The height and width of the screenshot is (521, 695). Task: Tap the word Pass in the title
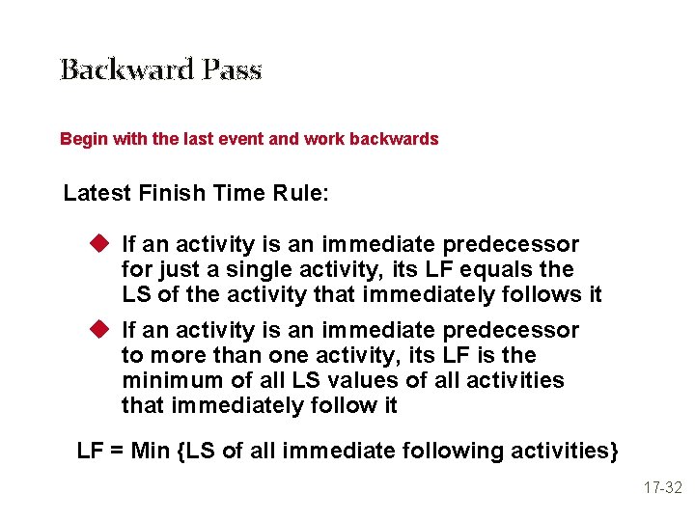click(x=233, y=70)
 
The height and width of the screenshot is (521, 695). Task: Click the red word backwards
click(x=396, y=139)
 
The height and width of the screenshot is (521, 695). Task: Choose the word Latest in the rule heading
click(x=97, y=193)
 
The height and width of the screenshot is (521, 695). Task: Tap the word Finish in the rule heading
click(x=171, y=193)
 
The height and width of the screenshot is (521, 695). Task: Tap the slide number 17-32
click(x=663, y=488)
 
